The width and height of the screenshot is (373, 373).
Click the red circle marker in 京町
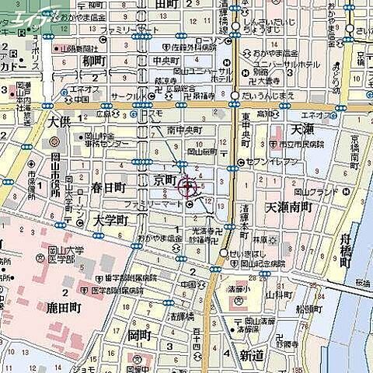tap(188, 186)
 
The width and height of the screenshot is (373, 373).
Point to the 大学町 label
tap(110, 221)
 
